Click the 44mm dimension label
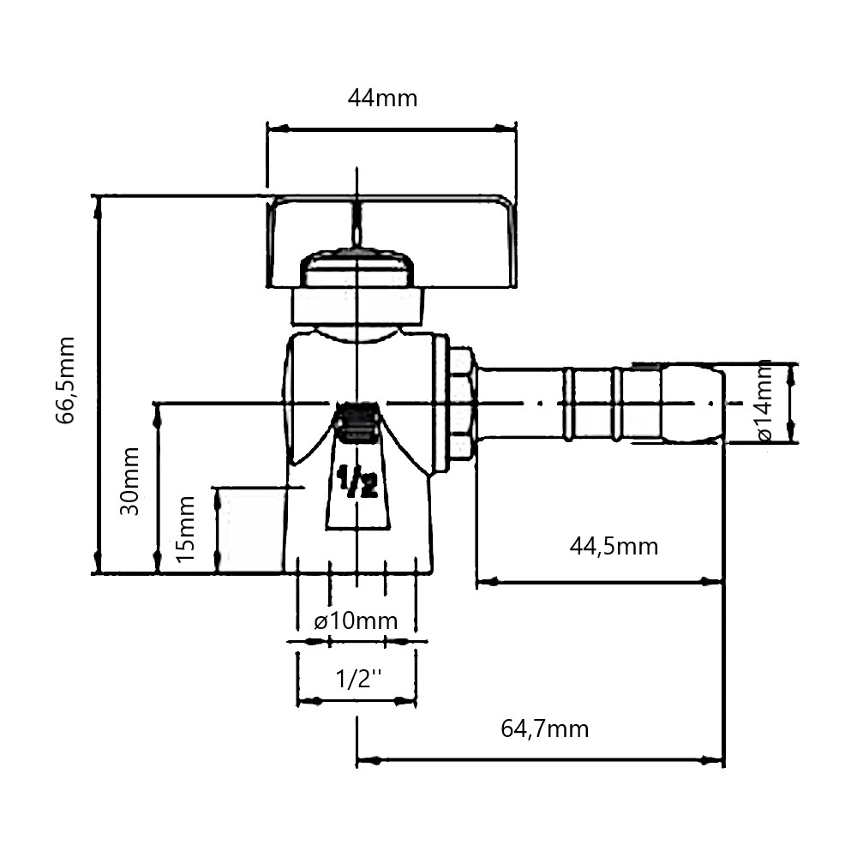(382, 99)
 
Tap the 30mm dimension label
(130, 480)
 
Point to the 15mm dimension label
(186, 529)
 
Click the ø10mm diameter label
(356, 620)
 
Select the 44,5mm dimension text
(614, 546)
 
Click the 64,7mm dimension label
(545, 729)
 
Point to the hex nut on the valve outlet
(461, 403)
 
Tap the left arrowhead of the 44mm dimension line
(274, 129)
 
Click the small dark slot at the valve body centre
(357, 423)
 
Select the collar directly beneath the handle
(357, 305)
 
